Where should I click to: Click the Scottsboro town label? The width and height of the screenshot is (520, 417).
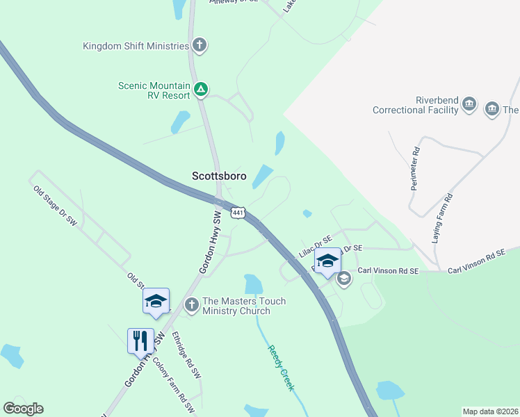[219, 177]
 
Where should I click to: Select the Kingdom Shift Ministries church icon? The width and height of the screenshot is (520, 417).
[200, 47]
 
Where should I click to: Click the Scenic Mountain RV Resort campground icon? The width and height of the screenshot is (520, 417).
[200, 89]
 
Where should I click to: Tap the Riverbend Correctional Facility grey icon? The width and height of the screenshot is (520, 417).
[469, 105]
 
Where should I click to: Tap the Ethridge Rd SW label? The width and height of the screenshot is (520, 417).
[186, 353]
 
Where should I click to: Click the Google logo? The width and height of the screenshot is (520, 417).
[23, 409]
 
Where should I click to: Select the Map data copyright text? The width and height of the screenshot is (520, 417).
[490, 411]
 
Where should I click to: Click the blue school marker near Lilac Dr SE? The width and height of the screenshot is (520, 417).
[328, 261]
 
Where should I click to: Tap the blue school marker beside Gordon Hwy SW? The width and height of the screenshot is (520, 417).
[156, 301]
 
